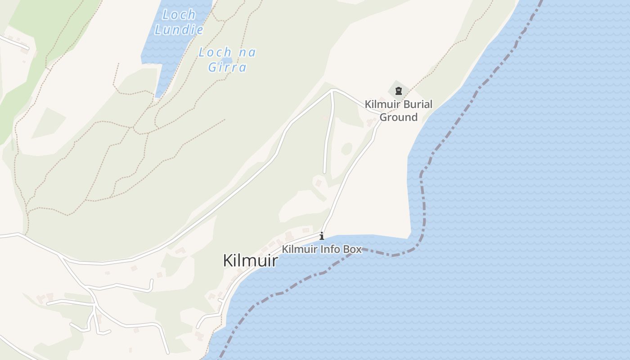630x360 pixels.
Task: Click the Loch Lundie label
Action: pyautogui.click(x=179, y=22)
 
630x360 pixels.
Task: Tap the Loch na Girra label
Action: pyautogui.click(x=227, y=59)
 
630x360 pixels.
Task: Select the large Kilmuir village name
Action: pyautogui.click(x=250, y=261)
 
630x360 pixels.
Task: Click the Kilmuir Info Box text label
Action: pyautogui.click(x=322, y=249)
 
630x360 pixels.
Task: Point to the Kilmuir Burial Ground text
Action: pyautogui.click(x=398, y=111)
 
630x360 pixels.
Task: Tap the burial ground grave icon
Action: pyautogui.click(x=398, y=91)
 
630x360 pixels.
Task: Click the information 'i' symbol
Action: pyautogui.click(x=322, y=236)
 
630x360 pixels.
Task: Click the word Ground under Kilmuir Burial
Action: pyautogui.click(x=399, y=117)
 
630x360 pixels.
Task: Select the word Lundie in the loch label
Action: pyautogui.click(x=179, y=30)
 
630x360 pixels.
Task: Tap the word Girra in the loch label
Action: pyautogui.click(x=228, y=67)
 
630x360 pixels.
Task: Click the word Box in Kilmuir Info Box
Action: pyautogui.click(x=353, y=249)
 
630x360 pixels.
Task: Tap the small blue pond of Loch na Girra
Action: pyautogui.click(x=227, y=60)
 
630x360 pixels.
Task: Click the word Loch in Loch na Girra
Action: pyautogui.click(x=215, y=52)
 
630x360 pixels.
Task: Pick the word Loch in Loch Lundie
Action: pyautogui.click(x=179, y=14)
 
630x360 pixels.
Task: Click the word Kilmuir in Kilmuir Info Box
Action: pyautogui.click(x=299, y=249)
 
